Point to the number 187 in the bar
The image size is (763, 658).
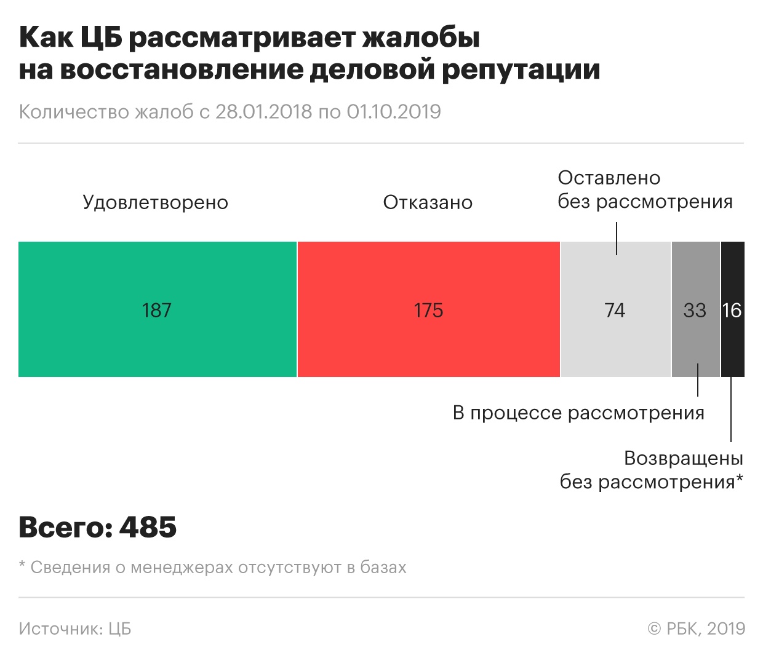point(156,310)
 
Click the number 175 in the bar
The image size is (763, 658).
point(428,310)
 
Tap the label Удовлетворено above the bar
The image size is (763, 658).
point(156,202)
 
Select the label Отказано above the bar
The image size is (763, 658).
point(428,202)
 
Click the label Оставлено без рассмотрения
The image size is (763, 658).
point(644,189)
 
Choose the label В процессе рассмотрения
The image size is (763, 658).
point(578,413)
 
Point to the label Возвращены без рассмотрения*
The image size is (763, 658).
point(652,470)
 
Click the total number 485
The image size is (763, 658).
point(148,527)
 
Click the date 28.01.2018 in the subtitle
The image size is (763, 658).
point(263,112)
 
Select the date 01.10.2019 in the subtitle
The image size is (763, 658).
point(394,112)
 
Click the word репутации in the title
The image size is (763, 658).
point(521,69)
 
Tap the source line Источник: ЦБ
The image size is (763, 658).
point(74,628)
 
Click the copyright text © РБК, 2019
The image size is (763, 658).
point(696,628)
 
